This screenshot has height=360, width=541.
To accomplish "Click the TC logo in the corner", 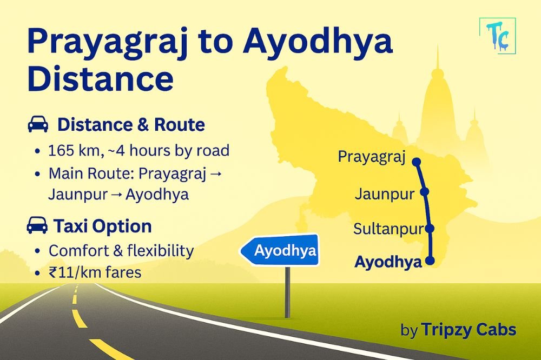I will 498,36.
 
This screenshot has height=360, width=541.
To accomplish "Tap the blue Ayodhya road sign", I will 279,250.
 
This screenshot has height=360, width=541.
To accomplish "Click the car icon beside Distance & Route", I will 37,125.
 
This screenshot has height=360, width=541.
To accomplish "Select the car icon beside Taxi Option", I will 37,226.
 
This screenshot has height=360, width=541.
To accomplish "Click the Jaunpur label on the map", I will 384,194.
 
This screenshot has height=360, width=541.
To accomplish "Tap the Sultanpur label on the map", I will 387,229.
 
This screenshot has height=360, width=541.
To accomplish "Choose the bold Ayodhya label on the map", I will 388,263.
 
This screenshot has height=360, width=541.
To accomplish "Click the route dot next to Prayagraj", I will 416,161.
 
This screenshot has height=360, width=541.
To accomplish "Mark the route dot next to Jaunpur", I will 424,192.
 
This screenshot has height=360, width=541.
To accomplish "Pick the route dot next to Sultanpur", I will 430,228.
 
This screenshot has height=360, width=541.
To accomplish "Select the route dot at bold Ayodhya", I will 431,261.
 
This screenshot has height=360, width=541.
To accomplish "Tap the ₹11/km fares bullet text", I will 95,272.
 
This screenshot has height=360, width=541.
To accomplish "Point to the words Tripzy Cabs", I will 469,329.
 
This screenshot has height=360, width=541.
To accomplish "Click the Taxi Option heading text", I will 102,226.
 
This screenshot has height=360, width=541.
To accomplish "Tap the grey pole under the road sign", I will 287,291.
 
